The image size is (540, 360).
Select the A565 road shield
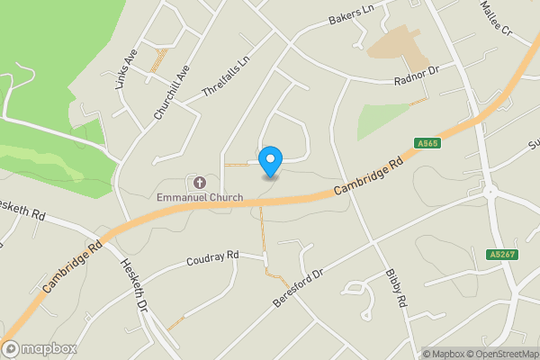pyautogui.click(x=427, y=143)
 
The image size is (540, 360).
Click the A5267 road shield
pyautogui.click(x=502, y=256)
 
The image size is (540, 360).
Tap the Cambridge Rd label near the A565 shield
pyautogui.click(x=368, y=175)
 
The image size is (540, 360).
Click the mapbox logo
pyautogui.click(x=40, y=348)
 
